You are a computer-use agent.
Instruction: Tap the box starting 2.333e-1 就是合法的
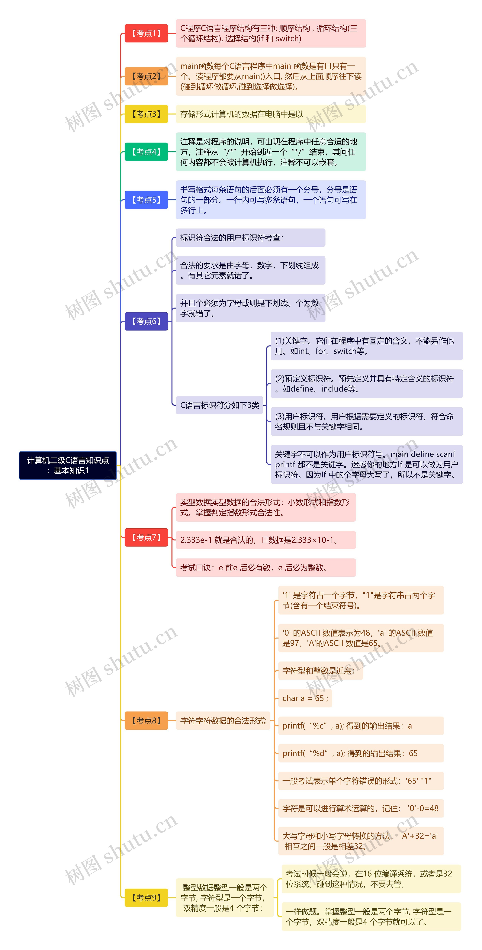[x=265, y=540]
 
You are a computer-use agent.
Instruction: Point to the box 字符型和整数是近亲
[x=320, y=670]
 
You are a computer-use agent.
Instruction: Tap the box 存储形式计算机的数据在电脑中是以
[x=270, y=114]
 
